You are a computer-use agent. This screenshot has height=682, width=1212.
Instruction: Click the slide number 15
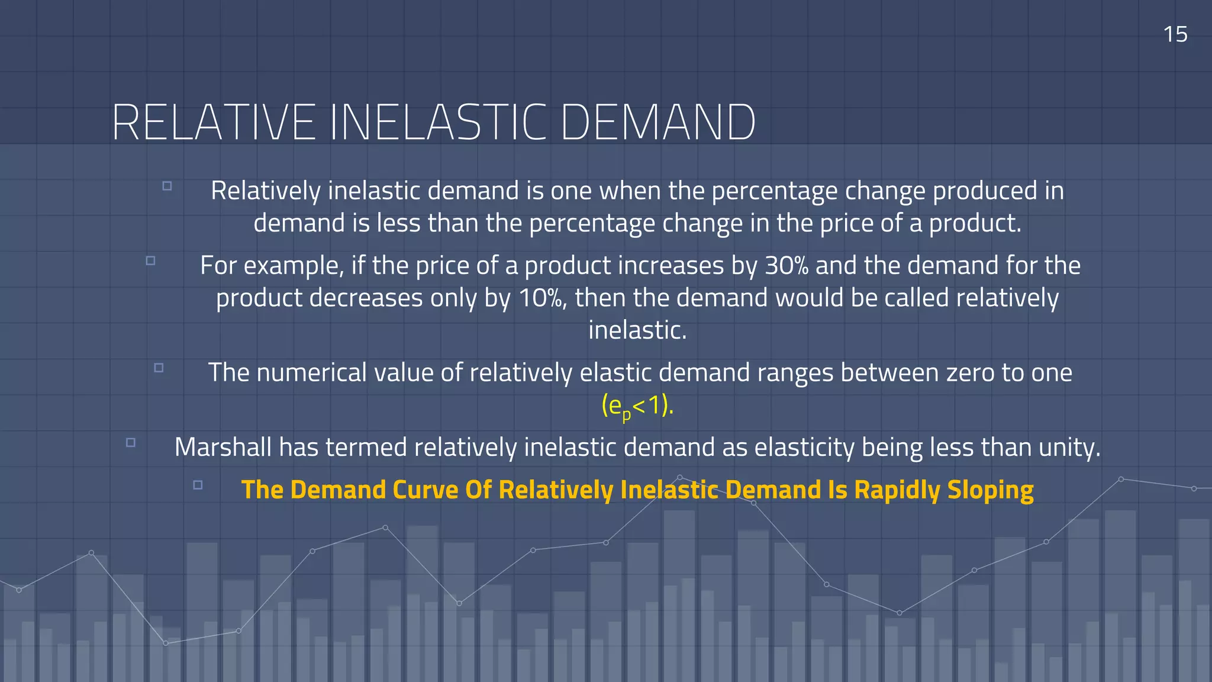tap(1175, 34)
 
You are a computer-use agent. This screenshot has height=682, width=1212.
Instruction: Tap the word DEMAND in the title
tap(657, 123)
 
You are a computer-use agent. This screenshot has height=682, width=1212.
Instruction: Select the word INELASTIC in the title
tap(437, 123)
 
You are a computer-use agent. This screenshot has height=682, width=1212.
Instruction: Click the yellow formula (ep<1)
tap(637, 406)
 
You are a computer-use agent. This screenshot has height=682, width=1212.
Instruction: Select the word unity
tap(1069, 448)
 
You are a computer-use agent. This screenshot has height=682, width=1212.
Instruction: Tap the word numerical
tap(311, 373)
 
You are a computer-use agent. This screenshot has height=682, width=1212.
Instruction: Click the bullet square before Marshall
tap(131, 442)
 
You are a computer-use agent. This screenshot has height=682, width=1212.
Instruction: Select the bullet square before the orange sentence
tap(198, 485)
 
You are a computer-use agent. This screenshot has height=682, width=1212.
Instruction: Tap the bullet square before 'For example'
tap(150, 260)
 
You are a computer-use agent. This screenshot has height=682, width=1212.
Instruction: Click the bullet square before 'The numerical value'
tap(159, 368)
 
